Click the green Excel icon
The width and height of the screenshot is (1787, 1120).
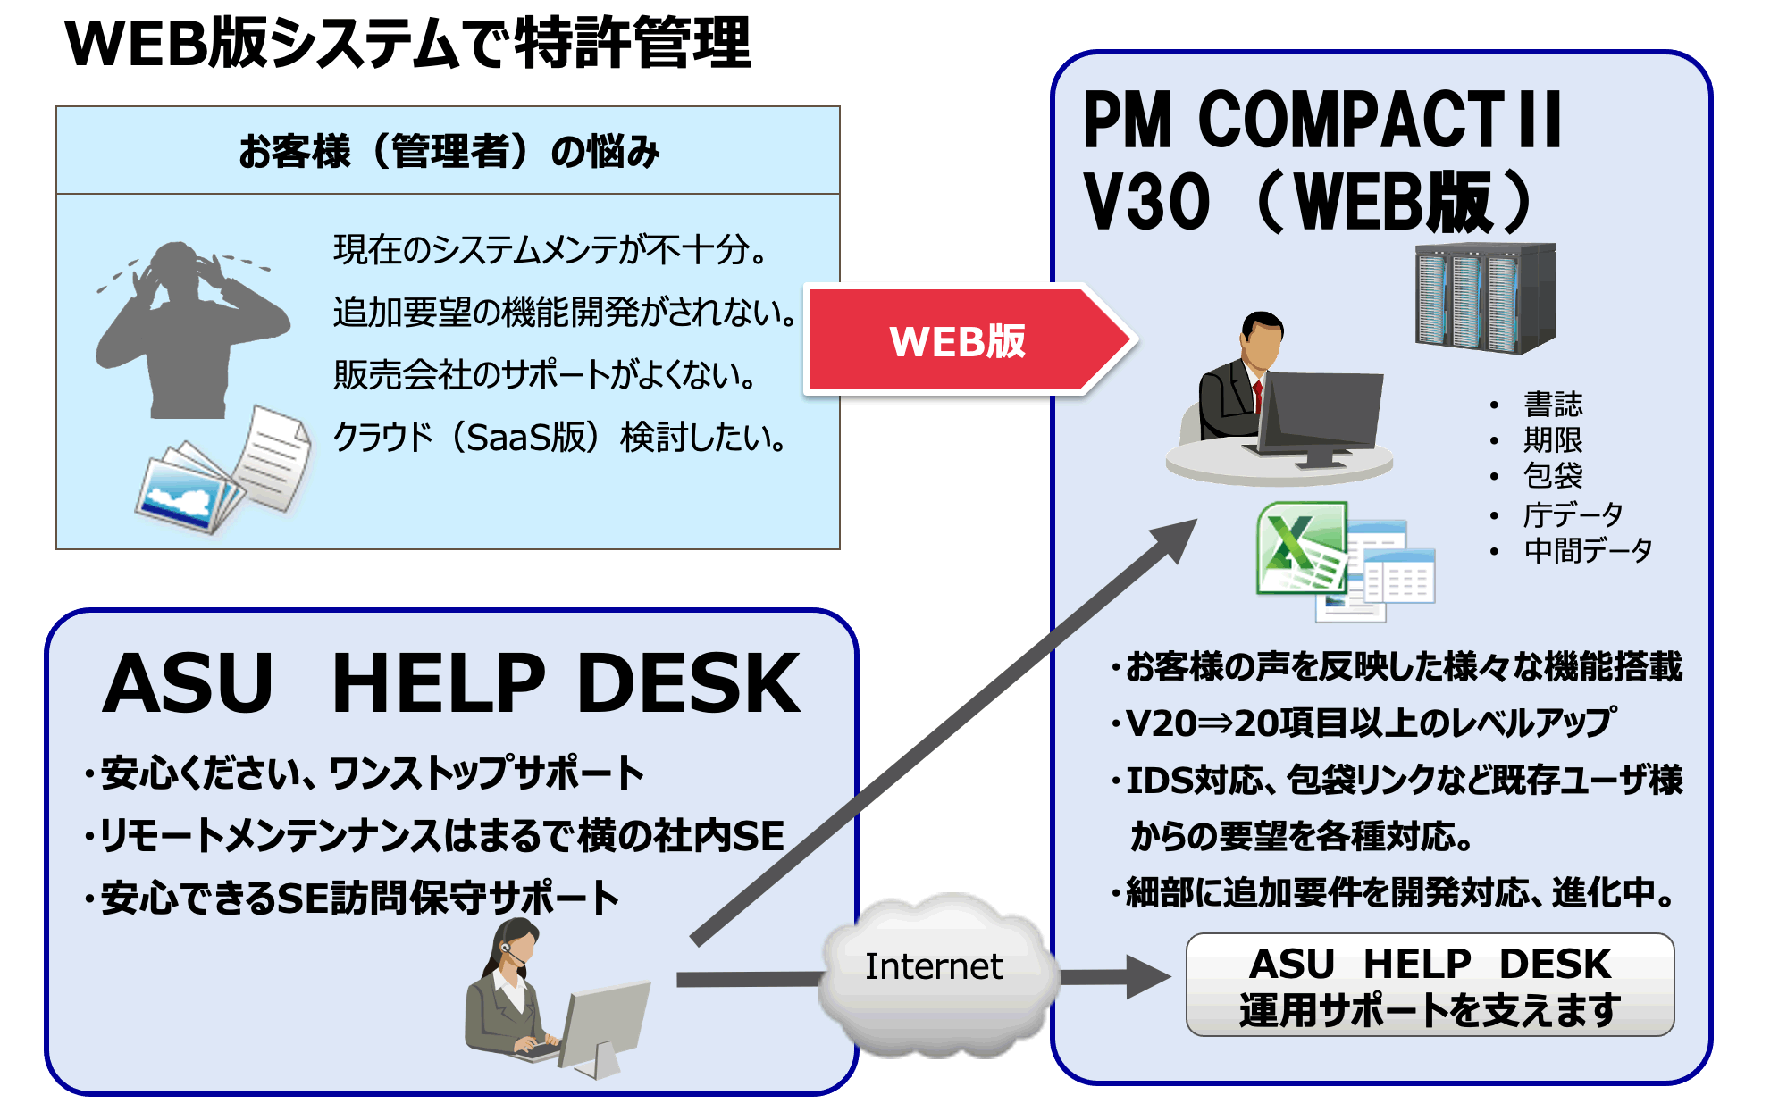(x=1301, y=547)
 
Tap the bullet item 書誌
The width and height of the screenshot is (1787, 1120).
(x=1553, y=405)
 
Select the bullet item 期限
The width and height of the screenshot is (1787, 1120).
(x=1553, y=440)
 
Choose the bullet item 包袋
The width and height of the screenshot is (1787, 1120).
(x=1553, y=476)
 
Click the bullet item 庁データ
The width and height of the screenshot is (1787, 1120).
(x=1573, y=514)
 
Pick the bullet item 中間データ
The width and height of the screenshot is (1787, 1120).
(x=1588, y=550)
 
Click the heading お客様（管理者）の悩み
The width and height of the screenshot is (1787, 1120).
(x=449, y=151)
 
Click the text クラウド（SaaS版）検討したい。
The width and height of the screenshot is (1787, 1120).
(x=560, y=438)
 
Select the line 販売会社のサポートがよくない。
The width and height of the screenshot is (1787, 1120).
(x=546, y=375)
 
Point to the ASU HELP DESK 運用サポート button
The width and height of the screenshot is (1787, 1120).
(x=1430, y=985)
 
